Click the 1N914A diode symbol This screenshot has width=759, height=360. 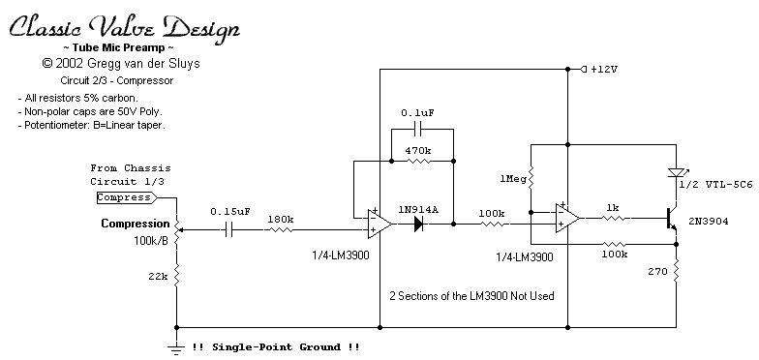pyautogui.click(x=419, y=225)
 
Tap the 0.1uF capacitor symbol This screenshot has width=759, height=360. pyautogui.click(x=422, y=130)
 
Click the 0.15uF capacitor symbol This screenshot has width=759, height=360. pyautogui.click(x=229, y=230)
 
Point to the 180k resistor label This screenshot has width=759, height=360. pyautogui.click(x=281, y=219)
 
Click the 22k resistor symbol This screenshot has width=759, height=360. pyautogui.click(x=176, y=275)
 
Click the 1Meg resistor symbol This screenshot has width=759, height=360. pyautogui.click(x=531, y=178)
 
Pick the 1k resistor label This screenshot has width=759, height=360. pyautogui.click(x=613, y=207)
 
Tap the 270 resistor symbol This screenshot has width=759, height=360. pyautogui.click(x=676, y=271)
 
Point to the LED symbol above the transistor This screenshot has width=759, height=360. pyautogui.click(x=676, y=172)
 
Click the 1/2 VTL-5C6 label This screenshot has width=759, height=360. pyautogui.click(x=714, y=184)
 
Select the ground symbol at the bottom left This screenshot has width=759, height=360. pyautogui.click(x=176, y=348)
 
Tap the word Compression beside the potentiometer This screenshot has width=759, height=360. pyautogui.click(x=136, y=224)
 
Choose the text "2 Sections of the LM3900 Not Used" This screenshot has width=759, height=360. pyautogui.click(x=472, y=295)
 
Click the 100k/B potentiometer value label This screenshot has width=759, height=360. pyautogui.click(x=151, y=240)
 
